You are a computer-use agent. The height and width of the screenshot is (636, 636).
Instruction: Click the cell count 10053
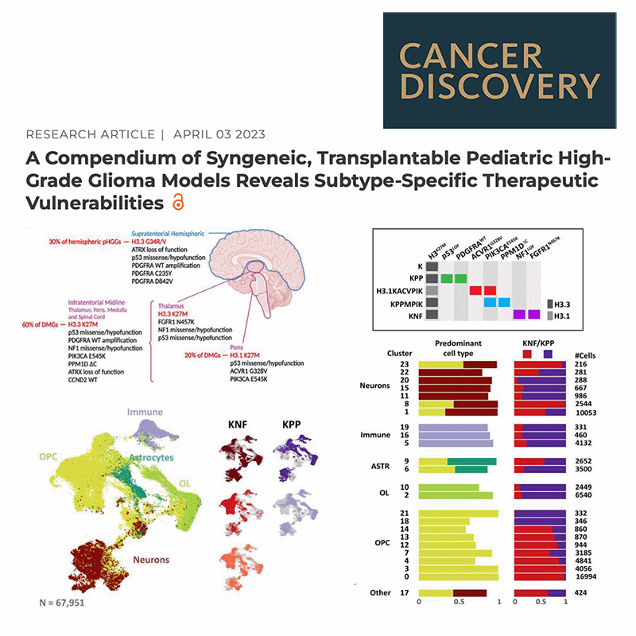point(586,413)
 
